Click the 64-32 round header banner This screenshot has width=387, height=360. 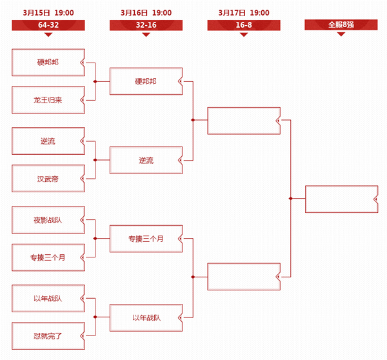[x=48, y=25]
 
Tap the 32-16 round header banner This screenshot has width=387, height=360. [x=146, y=25]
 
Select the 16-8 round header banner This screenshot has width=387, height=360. [x=244, y=25]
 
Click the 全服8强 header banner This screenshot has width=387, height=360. [x=341, y=25]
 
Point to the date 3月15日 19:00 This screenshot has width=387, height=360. [x=48, y=13]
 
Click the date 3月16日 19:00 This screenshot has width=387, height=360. [x=146, y=13]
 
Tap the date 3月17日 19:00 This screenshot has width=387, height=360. [x=244, y=13]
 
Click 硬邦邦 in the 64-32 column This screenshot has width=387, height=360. [x=48, y=63]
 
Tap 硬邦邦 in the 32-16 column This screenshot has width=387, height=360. [x=146, y=81]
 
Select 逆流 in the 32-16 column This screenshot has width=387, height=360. [x=146, y=160]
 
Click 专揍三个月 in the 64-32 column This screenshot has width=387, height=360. [x=48, y=257]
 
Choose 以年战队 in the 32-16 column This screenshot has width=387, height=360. [x=146, y=317]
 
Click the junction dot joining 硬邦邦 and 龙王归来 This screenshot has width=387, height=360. [x=95, y=81]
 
